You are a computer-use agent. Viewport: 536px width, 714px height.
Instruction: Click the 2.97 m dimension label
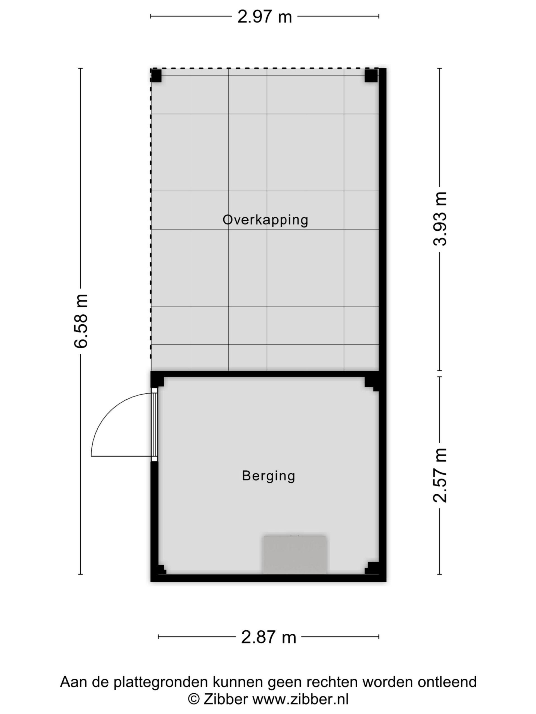tap(265, 17)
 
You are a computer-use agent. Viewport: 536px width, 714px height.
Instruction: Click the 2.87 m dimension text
tap(269, 638)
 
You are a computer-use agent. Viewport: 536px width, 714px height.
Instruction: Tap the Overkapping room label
tap(265, 220)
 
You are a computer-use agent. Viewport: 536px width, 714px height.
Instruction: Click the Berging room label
tap(269, 476)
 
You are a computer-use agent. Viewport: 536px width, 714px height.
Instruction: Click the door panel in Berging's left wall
tap(155, 424)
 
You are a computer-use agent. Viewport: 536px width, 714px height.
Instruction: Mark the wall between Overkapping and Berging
tap(265, 374)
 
